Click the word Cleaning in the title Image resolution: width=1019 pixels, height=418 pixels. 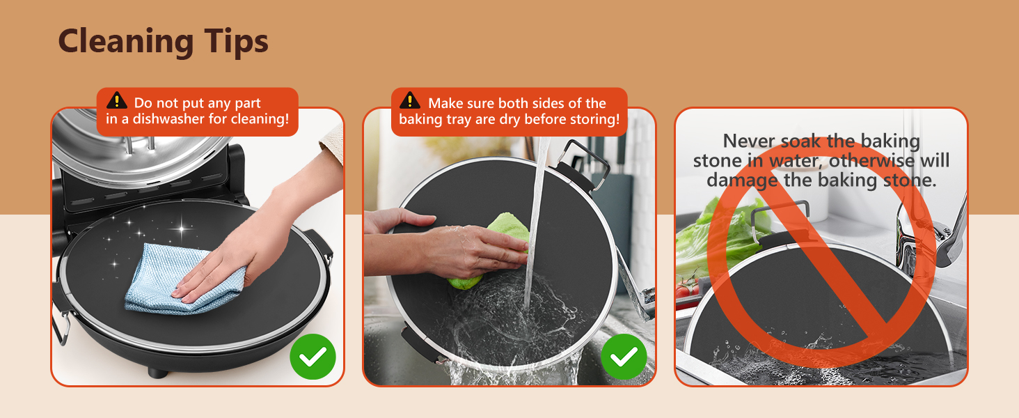click(x=126, y=42)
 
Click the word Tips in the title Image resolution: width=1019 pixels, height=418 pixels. click(x=236, y=42)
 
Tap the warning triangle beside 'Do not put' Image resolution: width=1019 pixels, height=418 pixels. click(x=117, y=100)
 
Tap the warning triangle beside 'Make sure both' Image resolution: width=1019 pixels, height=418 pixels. click(x=410, y=100)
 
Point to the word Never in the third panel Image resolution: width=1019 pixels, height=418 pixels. click(x=749, y=141)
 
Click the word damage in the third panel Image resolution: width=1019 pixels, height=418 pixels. click(x=742, y=180)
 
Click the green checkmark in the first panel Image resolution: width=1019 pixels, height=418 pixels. click(x=313, y=357)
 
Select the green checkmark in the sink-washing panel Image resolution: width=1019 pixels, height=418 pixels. click(x=624, y=357)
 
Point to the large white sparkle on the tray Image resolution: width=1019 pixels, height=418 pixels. click(x=182, y=228)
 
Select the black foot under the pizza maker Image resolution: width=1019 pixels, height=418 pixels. click(x=158, y=373)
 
